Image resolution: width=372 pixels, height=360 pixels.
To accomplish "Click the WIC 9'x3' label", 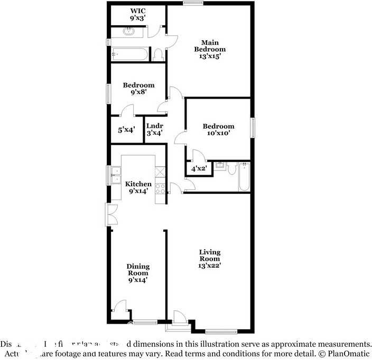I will click(138, 14).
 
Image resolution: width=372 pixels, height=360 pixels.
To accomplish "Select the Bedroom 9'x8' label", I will click(138, 88).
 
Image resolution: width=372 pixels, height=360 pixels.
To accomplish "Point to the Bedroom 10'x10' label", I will click(218, 130).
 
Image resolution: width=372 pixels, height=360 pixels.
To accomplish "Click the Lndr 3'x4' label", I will click(154, 129).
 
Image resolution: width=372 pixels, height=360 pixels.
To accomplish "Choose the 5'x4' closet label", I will click(126, 130).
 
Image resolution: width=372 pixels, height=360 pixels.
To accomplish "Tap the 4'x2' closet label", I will click(198, 168).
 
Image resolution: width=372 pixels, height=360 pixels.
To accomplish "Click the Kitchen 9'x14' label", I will click(138, 187).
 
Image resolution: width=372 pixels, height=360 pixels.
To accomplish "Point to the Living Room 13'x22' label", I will click(209, 259).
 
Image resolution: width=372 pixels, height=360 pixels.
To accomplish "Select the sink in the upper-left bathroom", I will click(129, 31).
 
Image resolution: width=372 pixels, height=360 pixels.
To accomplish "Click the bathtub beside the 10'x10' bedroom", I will click(243, 176).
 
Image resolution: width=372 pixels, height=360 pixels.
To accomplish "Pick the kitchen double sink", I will click(116, 175).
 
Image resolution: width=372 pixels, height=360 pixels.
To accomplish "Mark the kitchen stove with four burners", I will click(160, 188).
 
